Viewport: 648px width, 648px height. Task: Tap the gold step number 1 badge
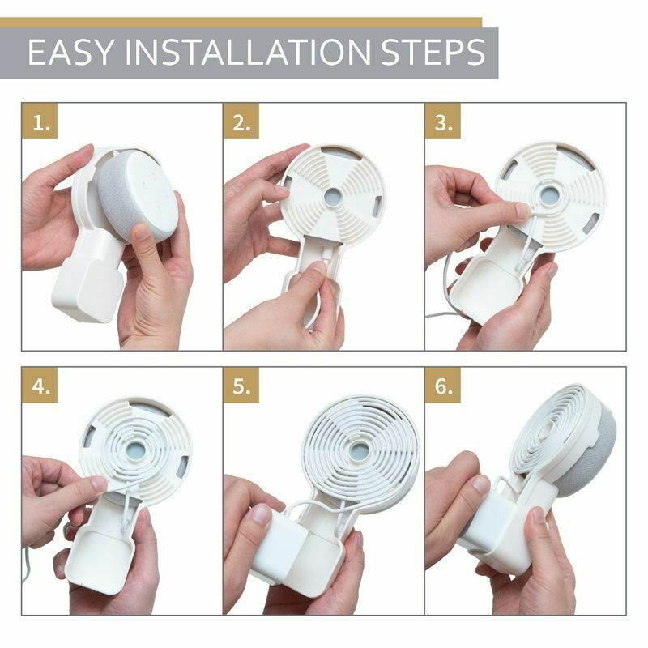40,123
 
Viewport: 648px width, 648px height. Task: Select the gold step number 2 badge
242,123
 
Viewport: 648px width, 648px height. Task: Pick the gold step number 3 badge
444,123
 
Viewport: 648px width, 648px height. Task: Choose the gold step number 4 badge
40,386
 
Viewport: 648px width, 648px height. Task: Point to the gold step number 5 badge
242,386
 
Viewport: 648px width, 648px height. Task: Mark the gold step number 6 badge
444,386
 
